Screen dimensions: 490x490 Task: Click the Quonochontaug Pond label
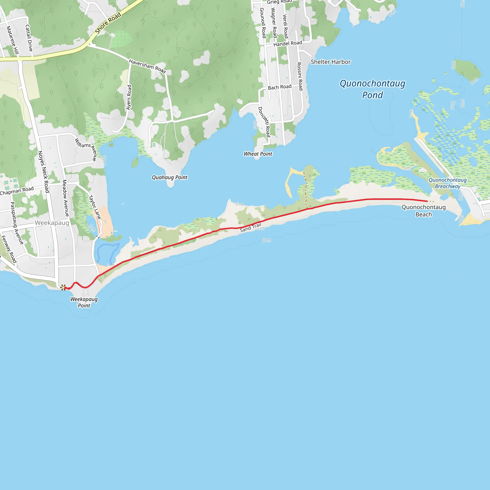point(372,89)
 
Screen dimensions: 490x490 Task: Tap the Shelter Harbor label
point(331,62)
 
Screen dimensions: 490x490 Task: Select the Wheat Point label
point(258,154)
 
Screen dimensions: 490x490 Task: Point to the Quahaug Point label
point(170,177)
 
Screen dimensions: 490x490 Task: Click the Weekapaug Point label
point(84,302)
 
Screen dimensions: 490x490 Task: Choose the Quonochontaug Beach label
point(423,211)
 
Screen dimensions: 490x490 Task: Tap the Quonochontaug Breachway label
point(448,183)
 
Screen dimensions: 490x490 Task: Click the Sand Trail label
point(251,228)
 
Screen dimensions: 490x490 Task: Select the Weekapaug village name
point(52,223)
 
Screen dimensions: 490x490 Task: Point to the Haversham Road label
point(147,66)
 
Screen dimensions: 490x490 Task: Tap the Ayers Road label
point(129,97)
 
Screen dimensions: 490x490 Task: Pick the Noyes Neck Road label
point(43,172)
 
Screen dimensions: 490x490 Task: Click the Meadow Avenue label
point(65,198)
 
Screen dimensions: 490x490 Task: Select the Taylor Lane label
point(95,207)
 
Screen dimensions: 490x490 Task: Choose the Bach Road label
point(280,87)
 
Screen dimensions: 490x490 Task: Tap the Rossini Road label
point(300,76)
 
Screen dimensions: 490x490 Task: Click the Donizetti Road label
point(264,122)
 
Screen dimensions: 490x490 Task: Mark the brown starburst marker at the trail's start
point(63,287)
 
